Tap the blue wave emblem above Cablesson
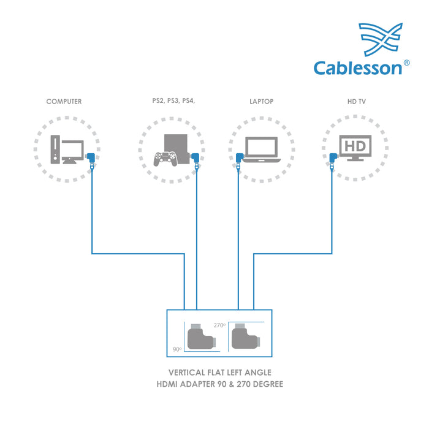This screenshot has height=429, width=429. tap(381, 39)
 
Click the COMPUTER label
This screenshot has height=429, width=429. tap(64, 102)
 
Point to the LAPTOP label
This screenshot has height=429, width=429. tap(261, 102)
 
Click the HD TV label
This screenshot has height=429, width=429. tap(355, 102)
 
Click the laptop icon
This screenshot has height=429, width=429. tap(262, 150)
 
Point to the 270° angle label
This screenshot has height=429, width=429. tap(219, 325)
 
